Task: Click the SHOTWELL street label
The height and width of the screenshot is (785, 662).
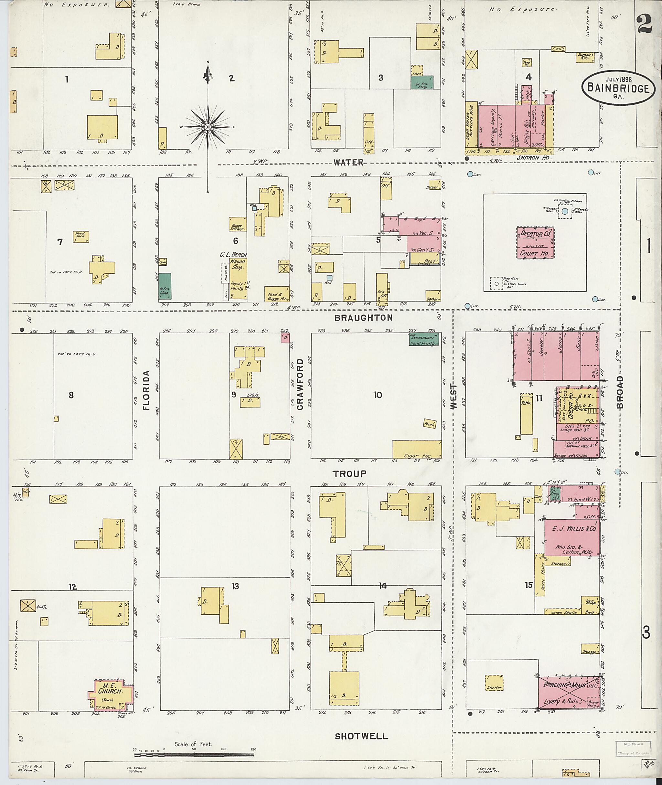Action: (x=361, y=736)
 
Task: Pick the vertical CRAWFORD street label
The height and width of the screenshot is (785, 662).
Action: (x=300, y=384)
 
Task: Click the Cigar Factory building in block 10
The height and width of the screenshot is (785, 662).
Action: (x=417, y=449)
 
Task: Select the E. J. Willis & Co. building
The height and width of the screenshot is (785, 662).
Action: (x=572, y=537)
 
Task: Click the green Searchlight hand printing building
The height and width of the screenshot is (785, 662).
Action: (x=424, y=340)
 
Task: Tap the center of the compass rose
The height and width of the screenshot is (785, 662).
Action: (x=208, y=127)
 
